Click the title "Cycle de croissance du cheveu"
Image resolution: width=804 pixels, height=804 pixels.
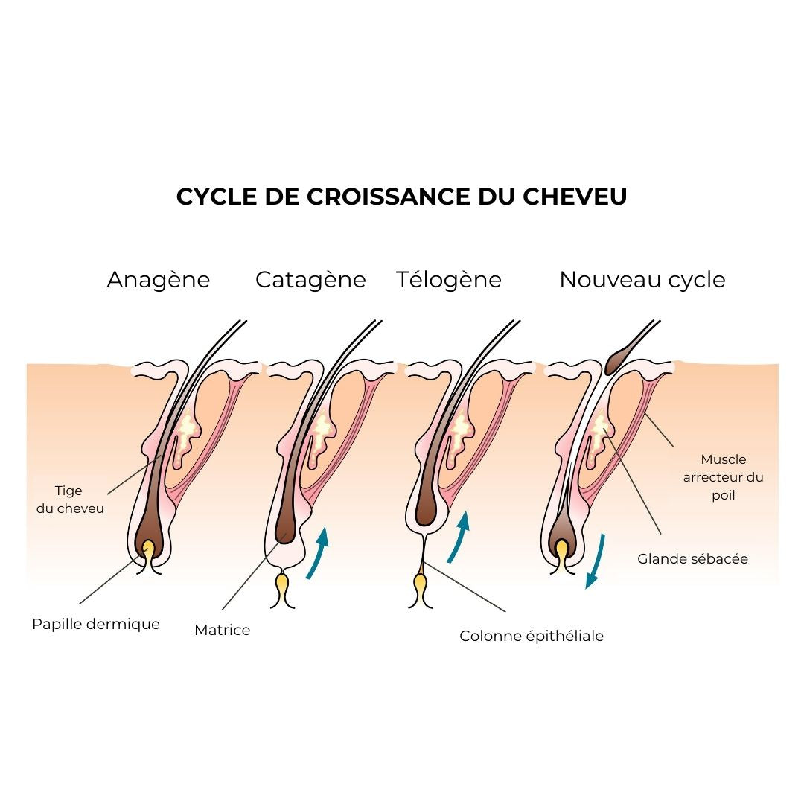[x=401, y=197]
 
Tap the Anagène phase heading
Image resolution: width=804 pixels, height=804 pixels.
[x=158, y=280]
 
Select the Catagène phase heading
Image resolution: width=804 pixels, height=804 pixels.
[x=310, y=280]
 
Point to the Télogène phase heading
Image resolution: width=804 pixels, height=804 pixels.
[x=448, y=280]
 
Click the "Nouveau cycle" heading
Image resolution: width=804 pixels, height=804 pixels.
[x=642, y=280]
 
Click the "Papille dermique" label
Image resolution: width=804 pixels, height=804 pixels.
[x=96, y=624]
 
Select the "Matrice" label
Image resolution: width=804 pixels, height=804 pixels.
[x=222, y=630]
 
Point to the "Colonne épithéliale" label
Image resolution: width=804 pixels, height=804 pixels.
[x=531, y=636]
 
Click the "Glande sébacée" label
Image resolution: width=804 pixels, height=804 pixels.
[x=692, y=558]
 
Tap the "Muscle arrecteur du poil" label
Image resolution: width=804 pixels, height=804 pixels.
[x=723, y=477]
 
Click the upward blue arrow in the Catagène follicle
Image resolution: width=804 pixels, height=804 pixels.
[x=317, y=552]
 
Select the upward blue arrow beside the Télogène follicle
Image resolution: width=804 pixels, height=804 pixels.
[x=459, y=536]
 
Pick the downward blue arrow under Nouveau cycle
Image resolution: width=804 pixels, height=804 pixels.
[x=595, y=561]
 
